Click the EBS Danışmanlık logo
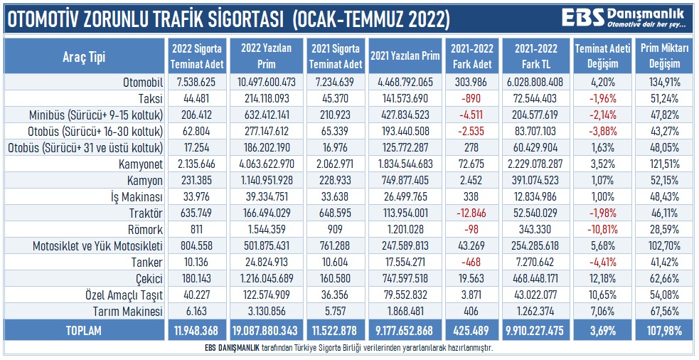(624, 17)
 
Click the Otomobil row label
(142, 83)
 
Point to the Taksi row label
(151, 99)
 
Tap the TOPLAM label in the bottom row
(85, 330)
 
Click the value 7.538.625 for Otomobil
(197, 83)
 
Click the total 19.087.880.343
(267, 330)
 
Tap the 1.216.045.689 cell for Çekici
(267, 279)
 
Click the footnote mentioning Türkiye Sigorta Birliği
(349, 349)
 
